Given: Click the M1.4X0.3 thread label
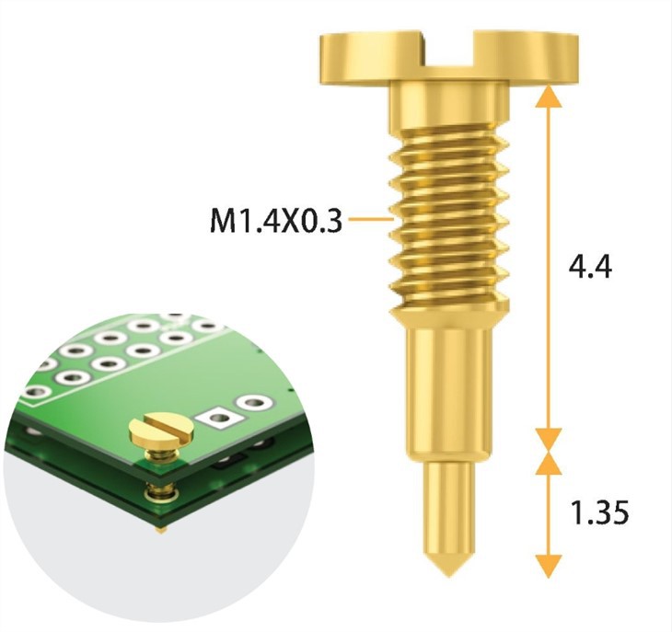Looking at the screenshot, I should click(x=274, y=221).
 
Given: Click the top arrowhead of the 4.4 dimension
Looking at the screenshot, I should click(x=549, y=94).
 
